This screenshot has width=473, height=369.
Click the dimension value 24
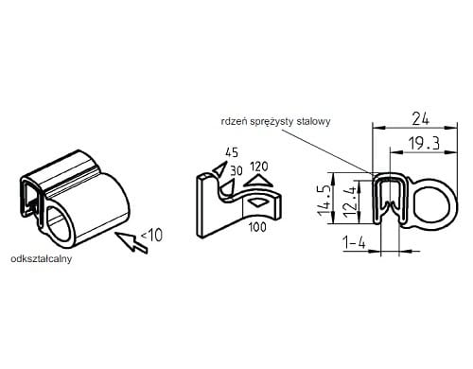click(x=421, y=119)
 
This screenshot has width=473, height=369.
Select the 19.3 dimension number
click(x=424, y=143)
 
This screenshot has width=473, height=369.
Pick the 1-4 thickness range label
click(x=354, y=243)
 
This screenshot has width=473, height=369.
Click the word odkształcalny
click(x=42, y=259)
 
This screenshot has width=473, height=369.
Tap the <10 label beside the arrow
click(x=151, y=235)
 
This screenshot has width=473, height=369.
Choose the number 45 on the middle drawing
click(x=232, y=152)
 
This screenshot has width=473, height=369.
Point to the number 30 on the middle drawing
click(x=236, y=170)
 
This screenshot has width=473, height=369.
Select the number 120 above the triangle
click(x=259, y=167)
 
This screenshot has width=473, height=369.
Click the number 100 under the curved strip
click(x=257, y=227)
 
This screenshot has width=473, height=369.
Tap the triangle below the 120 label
click(x=258, y=181)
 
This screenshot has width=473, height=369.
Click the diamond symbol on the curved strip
click(x=258, y=202)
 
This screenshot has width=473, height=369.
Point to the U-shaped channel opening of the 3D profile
click(x=30, y=198)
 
